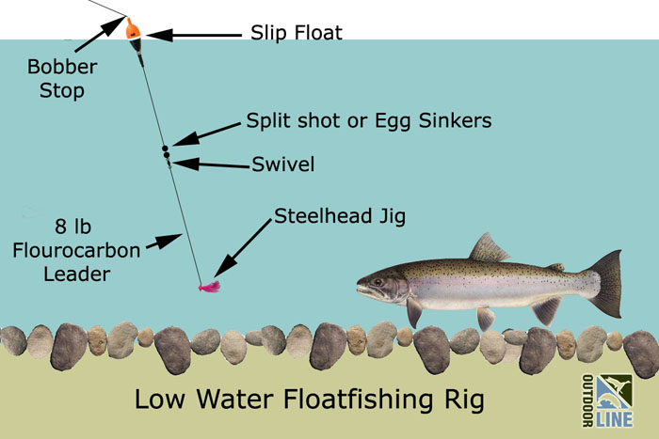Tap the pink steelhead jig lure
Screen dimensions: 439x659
coord(208,285)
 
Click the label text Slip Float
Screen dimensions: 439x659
coord(296,33)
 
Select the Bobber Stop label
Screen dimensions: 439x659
coord(56,79)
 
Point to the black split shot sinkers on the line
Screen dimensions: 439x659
coord(165,150)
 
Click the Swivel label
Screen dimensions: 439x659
coord(282,165)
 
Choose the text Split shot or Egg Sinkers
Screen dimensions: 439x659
coord(369,121)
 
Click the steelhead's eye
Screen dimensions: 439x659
coord(378,278)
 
